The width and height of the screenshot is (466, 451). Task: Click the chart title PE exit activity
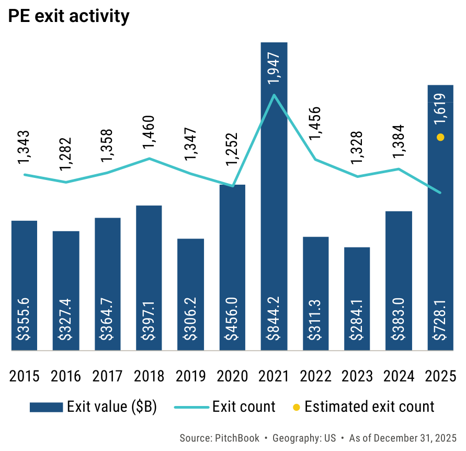tap(69, 16)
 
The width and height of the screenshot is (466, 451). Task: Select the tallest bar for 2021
tap(274, 209)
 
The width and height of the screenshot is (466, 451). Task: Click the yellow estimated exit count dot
tap(440, 138)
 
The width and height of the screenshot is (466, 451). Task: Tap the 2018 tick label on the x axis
tap(149, 376)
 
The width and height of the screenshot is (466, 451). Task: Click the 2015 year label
tap(24, 376)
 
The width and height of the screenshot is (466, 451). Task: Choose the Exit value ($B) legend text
tap(112, 407)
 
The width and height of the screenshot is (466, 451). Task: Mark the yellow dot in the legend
tap(296, 407)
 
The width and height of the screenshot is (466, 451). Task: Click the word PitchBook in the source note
tap(234, 438)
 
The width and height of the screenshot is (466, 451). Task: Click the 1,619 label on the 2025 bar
tap(440, 109)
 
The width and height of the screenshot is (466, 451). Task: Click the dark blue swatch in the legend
tap(46, 407)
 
